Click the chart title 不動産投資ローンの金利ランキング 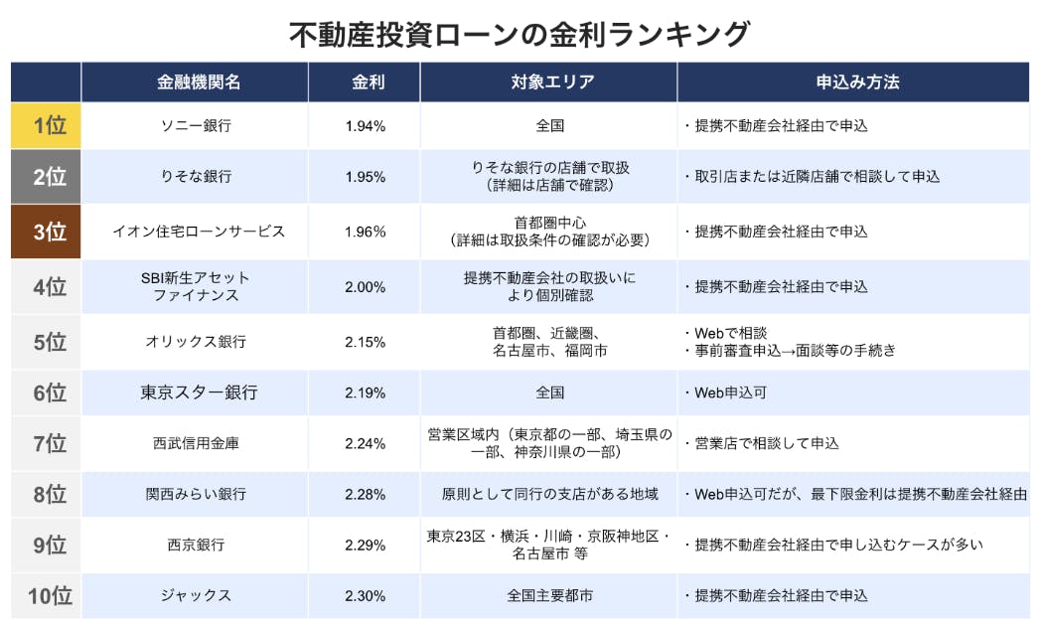coord(520,34)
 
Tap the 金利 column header coord(366,82)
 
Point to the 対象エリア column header coord(549,82)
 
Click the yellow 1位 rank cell coord(47,126)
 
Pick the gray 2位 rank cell coord(47,177)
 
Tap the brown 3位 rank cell coord(47,232)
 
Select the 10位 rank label coord(47,596)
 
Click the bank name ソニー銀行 coord(196,126)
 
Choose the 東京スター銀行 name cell coord(198,392)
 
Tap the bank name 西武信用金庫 coord(196,444)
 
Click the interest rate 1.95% coord(365,177)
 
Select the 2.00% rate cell coord(365,287)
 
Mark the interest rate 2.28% coord(365,494)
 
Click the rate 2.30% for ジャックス coord(365,596)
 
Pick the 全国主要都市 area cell coord(549,596)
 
